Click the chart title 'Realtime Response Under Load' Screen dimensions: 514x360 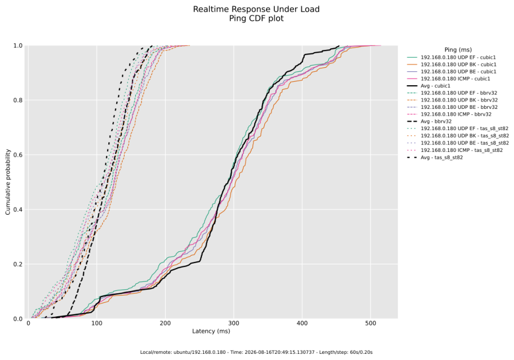[256, 9]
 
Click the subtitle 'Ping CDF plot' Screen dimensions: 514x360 [256, 19]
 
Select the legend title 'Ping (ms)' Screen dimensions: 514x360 [458, 50]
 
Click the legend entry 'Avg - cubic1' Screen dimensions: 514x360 [435, 86]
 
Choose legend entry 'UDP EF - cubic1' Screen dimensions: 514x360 [458, 57]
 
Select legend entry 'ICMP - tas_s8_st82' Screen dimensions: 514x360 [462, 150]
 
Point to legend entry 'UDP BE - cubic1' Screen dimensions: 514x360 [458, 71]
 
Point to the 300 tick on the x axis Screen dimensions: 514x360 [234, 324]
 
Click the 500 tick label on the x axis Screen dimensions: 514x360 [371, 324]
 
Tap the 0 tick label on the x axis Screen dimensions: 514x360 [28, 324]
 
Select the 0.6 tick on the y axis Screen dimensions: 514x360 [18, 155]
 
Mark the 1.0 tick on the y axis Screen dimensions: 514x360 [18, 45]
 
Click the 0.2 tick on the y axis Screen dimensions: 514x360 [18, 264]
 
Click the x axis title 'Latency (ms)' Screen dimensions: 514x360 [211, 331]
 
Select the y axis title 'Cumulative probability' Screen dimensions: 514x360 [8, 182]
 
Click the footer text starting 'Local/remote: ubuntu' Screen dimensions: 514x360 [256, 352]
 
